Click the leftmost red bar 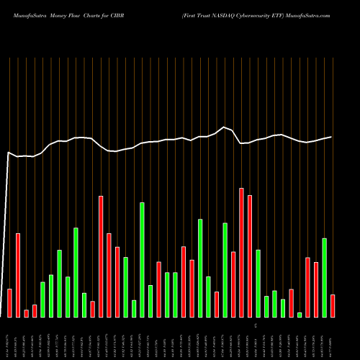(x=10, y=302)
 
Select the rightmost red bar (x=333, y=305)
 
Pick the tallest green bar (x=143, y=259)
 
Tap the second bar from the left (x=18, y=275)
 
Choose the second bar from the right (x=325, y=277)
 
